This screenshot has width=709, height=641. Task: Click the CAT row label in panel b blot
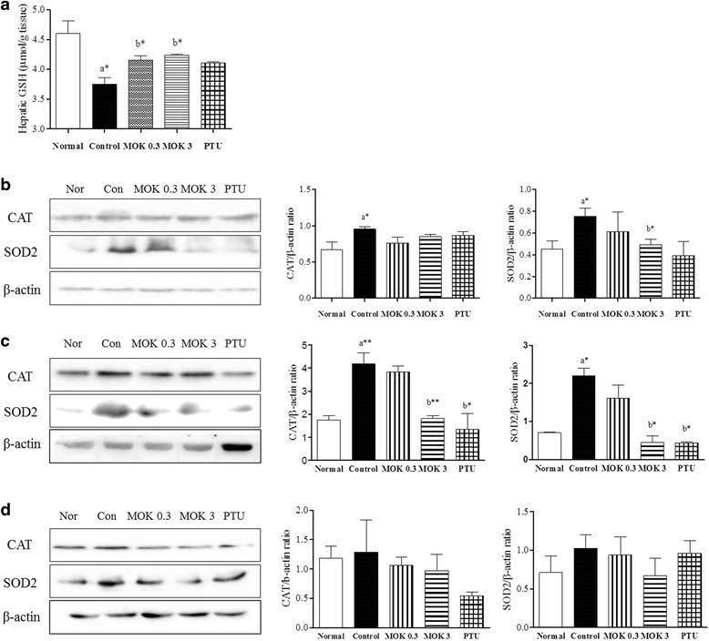click(x=20, y=217)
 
